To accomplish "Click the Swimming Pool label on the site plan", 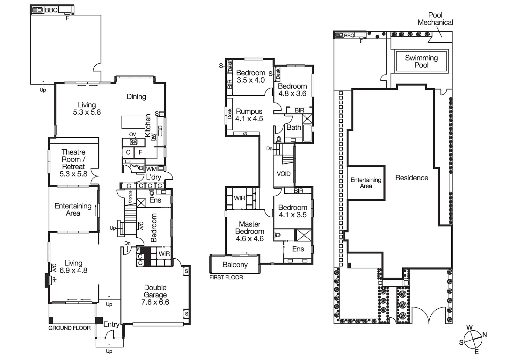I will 421,61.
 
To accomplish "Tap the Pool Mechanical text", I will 435,19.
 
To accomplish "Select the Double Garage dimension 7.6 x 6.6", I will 155,302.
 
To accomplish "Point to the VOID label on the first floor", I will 283,174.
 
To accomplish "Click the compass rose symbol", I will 473,340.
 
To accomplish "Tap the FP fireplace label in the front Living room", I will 55,280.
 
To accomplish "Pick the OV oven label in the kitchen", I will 133,134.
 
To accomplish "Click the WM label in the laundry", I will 151,169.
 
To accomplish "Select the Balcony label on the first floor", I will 235,265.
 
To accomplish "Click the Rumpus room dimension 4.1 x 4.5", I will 249,119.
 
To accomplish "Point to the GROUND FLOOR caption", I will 69,328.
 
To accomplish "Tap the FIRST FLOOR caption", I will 226,277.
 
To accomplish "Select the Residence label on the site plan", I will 412,178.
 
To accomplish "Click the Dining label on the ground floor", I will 136,97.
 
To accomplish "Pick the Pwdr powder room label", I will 134,166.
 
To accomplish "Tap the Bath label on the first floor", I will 294,127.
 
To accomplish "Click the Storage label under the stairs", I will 130,197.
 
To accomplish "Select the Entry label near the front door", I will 111,324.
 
